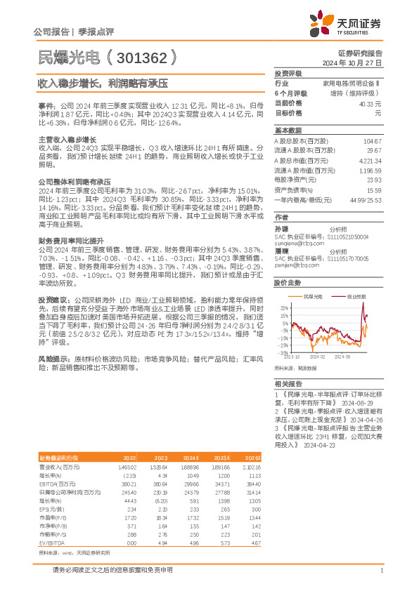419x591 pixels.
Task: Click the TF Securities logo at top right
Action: pyautogui.click(x=347, y=22)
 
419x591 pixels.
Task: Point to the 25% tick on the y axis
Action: pyautogui.click(x=283, y=307)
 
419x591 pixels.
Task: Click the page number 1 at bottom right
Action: pyautogui.click(x=380, y=571)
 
